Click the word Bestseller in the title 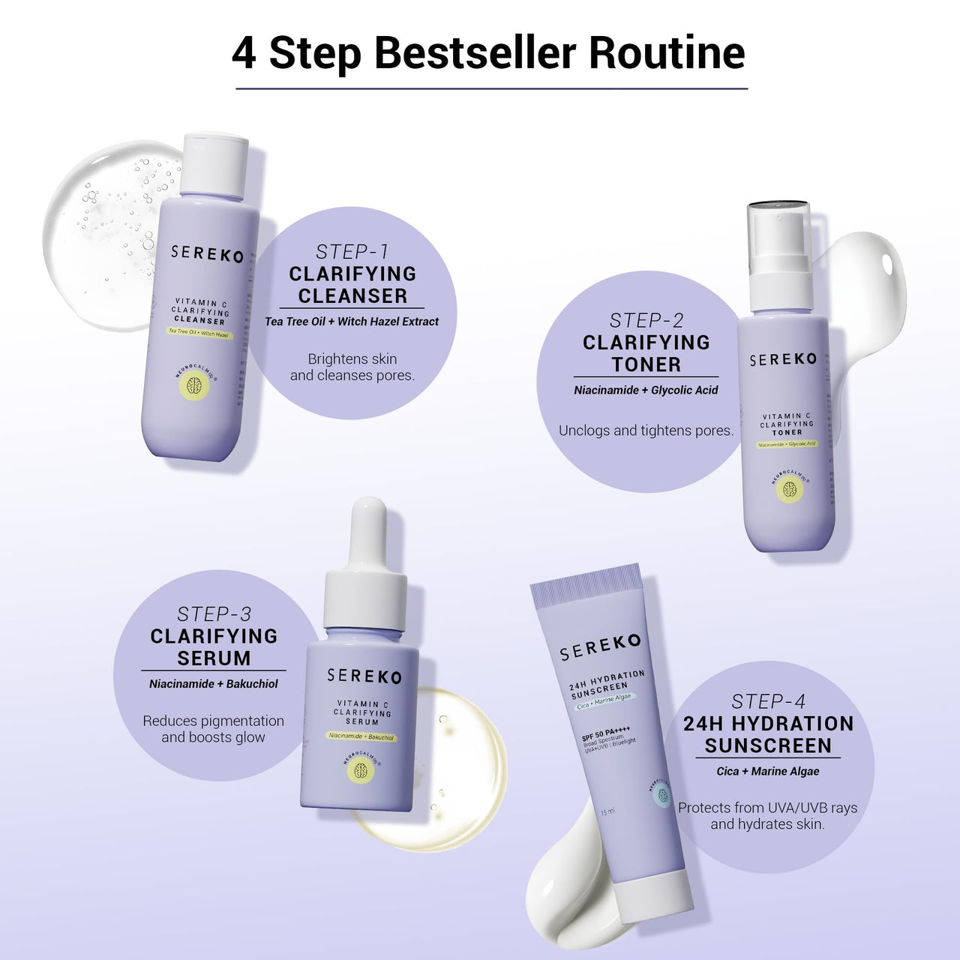475,52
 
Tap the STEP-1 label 352,252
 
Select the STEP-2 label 646,321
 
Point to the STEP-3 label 214,614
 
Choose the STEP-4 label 768,702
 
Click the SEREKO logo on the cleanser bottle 207,253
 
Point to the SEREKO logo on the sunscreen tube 600,647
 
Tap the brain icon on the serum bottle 361,771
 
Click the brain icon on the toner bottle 789,490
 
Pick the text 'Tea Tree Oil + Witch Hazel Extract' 352,322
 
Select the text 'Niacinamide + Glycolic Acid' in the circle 646,390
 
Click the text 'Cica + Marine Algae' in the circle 767,771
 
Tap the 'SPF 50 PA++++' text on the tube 606,733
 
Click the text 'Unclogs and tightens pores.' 646,430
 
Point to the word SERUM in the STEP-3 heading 214,658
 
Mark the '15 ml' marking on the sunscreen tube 607,811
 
